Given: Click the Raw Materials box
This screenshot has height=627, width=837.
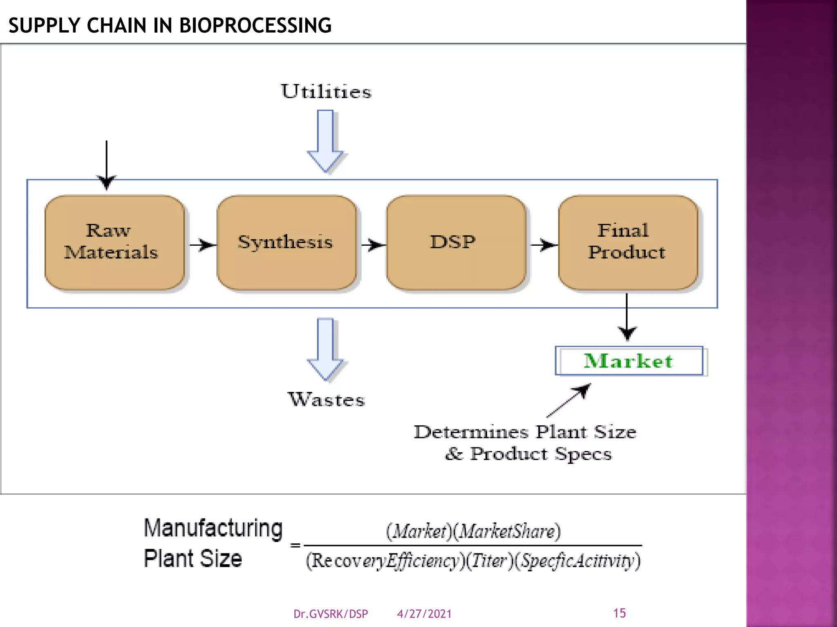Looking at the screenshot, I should [115, 242].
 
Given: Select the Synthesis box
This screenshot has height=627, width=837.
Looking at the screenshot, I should [286, 242].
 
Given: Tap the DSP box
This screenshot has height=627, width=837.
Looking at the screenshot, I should [456, 242].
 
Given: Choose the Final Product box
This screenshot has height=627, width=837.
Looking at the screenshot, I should [628, 242].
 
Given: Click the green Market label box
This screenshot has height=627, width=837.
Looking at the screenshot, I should [629, 361].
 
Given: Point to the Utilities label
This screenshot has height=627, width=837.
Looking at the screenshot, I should [326, 91].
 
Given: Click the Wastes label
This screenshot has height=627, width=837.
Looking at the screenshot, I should [326, 399].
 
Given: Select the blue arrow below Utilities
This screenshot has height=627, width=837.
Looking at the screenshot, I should [325, 141].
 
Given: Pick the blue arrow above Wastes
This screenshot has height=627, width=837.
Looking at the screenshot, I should [325, 349].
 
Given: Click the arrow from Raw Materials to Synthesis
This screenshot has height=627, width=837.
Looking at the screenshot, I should [203, 245].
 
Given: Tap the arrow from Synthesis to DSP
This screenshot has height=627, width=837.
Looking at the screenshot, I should [373, 245].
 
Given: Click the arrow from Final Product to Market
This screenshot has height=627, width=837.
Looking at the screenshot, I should [627, 316].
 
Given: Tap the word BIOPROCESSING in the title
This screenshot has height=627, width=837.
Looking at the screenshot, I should [255, 25].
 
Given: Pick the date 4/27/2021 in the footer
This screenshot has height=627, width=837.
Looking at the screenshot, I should [424, 614].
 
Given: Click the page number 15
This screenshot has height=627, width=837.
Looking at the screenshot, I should [619, 613].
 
